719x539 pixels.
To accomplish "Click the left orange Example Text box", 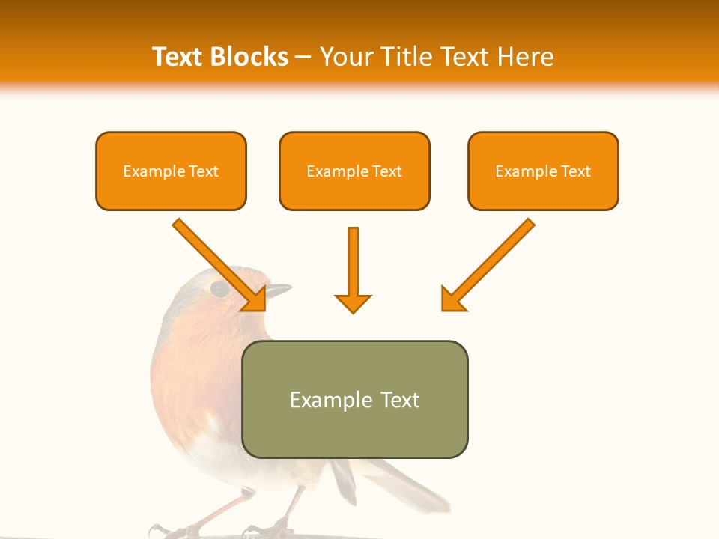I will click(x=171, y=171).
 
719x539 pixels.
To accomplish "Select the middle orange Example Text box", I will click(x=354, y=171).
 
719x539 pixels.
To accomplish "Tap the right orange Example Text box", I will click(x=543, y=171).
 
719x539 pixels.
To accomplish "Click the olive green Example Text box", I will click(x=354, y=399).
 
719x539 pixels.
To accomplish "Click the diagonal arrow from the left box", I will click(x=217, y=263).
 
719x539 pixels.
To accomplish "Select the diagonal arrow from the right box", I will click(x=490, y=263).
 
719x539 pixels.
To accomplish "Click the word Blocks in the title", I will click(x=249, y=57).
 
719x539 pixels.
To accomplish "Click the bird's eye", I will click(x=219, y=288).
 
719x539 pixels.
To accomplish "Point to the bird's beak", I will click(x=279, y=289).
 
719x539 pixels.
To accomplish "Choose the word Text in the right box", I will click(x=575, y=171).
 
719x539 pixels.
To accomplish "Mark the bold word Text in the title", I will click(x=179, y=57).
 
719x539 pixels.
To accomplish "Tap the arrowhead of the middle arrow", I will click(x=353, y=303).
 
